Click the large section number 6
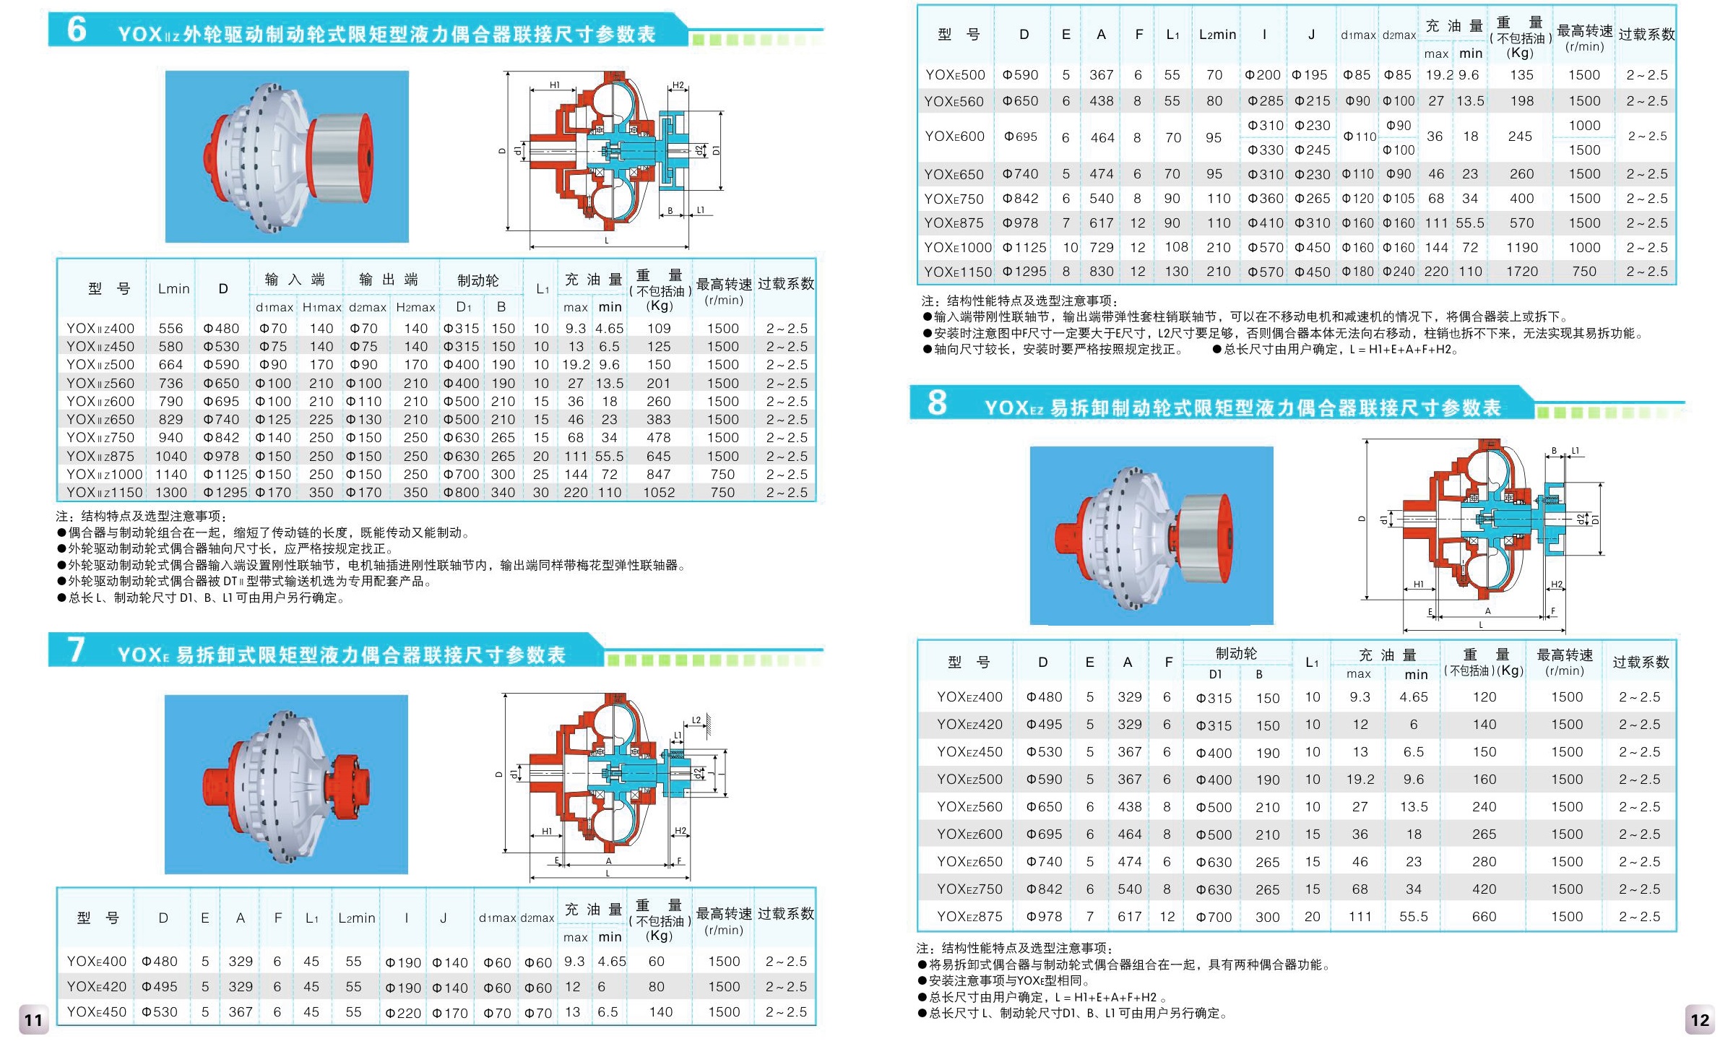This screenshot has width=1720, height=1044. [77, 29]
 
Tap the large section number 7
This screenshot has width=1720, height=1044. [77, 650]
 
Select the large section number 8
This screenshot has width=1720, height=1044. [937, 402]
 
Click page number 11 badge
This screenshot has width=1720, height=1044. [33, 1019]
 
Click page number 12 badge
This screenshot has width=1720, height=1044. [1700, 1019]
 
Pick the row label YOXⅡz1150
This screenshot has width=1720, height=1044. [104, 493]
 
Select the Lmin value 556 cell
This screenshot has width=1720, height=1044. [171, 329]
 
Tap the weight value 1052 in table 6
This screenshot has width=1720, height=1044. [659, 493]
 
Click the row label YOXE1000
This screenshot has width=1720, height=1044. [958, 248]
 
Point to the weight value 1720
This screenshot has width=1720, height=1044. [1522, 272]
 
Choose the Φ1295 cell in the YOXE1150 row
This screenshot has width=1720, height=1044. [1024, 272]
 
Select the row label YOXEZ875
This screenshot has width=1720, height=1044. [969, 917]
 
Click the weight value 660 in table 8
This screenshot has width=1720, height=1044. [1485, 917]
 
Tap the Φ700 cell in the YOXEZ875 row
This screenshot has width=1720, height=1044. [1214, 917]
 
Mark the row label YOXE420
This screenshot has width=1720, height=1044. [96, 987]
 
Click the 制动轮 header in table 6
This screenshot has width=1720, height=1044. [478, 280]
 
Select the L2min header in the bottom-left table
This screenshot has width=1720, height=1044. [357, 918]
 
